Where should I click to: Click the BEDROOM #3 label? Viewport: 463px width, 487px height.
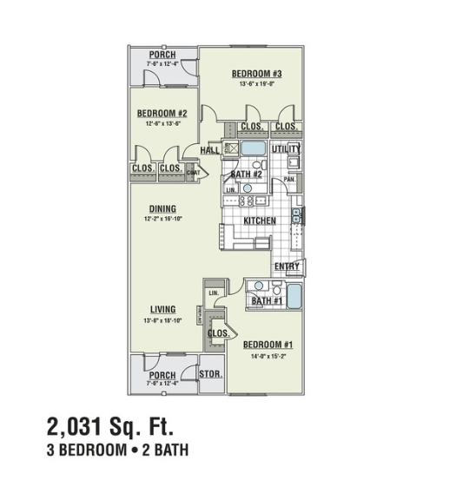coord(252,74)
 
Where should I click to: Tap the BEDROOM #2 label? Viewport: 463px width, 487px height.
coord(162,113)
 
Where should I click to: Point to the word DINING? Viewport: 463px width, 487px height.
coord(162,208)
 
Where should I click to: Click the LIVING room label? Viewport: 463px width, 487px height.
coord(162,309)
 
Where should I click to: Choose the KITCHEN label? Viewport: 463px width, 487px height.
coord(260,221)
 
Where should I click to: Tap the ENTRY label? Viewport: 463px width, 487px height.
coord(287,267)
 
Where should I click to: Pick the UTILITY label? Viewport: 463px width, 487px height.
coord(286,150)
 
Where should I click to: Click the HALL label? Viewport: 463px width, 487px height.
coord(209,150)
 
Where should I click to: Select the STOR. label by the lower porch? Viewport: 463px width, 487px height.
coord(210,375)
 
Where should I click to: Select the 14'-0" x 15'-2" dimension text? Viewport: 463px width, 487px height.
coord(268,355)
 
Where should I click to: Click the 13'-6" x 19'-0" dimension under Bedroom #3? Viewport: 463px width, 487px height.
coord(252,84)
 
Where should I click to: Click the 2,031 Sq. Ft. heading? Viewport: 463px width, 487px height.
coord(110,426)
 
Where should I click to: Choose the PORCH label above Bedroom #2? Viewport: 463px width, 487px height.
coord(162,55)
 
